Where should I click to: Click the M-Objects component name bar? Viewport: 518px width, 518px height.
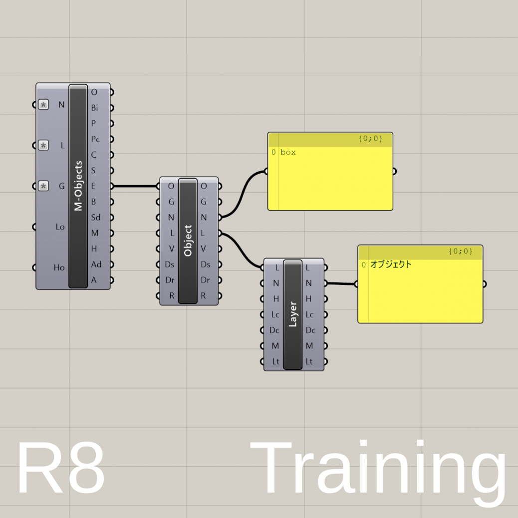tap(78, 186)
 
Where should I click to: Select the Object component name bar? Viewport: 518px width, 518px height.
tap(188, 241)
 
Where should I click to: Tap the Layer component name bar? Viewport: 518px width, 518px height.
tap(292, 314)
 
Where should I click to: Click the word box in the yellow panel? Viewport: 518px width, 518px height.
tap(288, 152)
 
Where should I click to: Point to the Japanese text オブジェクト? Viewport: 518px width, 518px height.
tap(391, 264)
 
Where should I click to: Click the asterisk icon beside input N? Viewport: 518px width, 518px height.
tap(44, 105)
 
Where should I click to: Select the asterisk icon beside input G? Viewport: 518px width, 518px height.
tap(44, 186)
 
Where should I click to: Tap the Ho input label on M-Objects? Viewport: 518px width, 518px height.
tap(59, 267)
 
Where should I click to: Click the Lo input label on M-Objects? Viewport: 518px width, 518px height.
tap(60, 227)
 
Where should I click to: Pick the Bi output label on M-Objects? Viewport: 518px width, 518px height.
tap(94, 108)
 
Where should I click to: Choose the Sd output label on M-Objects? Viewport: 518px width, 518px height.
tap(95, 218)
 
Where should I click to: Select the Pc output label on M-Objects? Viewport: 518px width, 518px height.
tap(95, 139)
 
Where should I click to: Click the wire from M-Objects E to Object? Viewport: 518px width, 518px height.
tap(135, 186)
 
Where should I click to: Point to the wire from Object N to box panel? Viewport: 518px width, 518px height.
tap(243, 195)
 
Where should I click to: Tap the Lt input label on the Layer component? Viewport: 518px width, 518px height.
tap(275, 361)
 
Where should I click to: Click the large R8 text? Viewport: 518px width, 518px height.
tap(61, 469)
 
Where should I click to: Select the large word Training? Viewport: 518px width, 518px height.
tap(378, 472)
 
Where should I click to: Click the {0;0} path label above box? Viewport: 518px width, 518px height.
tap(370, 139)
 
